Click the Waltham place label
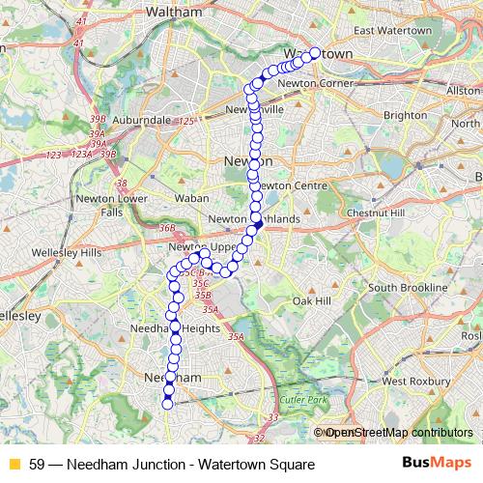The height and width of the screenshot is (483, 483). [173, 12]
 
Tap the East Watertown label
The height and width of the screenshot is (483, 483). [392, 31]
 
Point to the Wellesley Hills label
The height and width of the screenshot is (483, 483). [71, 252]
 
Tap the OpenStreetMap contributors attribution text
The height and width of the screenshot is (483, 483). [398, 432]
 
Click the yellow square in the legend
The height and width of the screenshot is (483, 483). [14, 463]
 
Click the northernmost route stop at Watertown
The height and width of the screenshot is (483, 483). [314, 53]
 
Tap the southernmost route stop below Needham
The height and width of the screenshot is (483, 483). [167, 404]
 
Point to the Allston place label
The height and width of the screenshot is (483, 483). [462, 89]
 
